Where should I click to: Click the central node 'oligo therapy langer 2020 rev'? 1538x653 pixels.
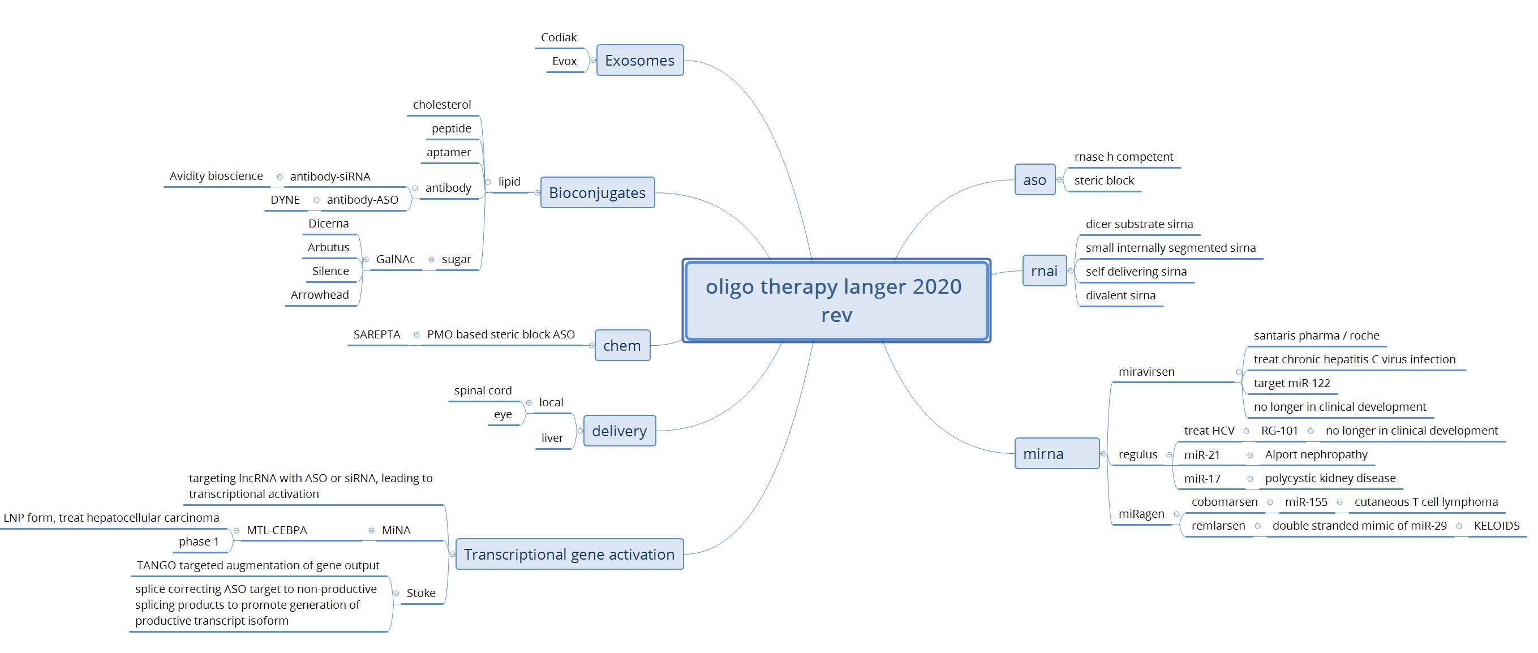pyautogui.click(x=836, y=300)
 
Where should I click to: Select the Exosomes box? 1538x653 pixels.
pyautogui.click(x=639, y=61)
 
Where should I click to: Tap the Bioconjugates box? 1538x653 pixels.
pyautogui.click(x=597, y=193)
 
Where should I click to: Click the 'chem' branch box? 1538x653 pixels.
pyautogui.click(x=622, y=346)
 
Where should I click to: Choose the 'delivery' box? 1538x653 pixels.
pyautogui.click(x=619, y=431)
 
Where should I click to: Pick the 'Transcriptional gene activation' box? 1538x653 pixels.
pyautogui.click(x=569, y=555)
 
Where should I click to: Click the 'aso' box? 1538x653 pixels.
pyautogui.click(x=1035, y=181)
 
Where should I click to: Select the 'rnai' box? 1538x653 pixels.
pyautogui.click(x=1044, y=271)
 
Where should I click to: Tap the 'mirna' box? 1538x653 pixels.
pyautogui.click(x=1056, y=454)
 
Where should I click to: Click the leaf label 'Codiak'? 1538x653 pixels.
pyautogui.click(x=559, y=37)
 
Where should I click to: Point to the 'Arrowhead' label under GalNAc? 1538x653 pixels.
pyautogui.click(x=320, y=295)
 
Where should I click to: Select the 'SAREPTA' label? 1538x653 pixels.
pyautogui.click(x=377, y=335)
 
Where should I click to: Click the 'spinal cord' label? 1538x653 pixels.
pyautogui.click(x=483, y=390)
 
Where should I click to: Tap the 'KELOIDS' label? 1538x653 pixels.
pyautogui.click(x=1496, y=526)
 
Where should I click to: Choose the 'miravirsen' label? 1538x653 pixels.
pyautogui.click(x=1146, y=372)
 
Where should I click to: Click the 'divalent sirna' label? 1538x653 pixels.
pyautogui.click(x=1120, y=295)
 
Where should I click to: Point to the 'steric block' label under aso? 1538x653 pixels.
pyautogui.click(x=1104, y=181)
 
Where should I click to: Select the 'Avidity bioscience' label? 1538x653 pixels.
pyautogui.click(x=216, y=176)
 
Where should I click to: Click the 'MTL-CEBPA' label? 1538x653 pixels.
pyautogui.click(x=277, y=530)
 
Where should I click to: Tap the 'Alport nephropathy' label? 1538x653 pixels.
pyautogui.click(x=1316, y=455)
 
